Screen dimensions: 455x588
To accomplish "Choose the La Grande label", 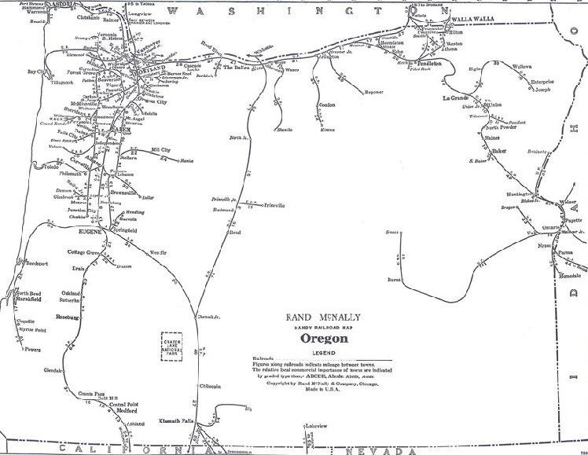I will pyautogui.click(x=455, y=99).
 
